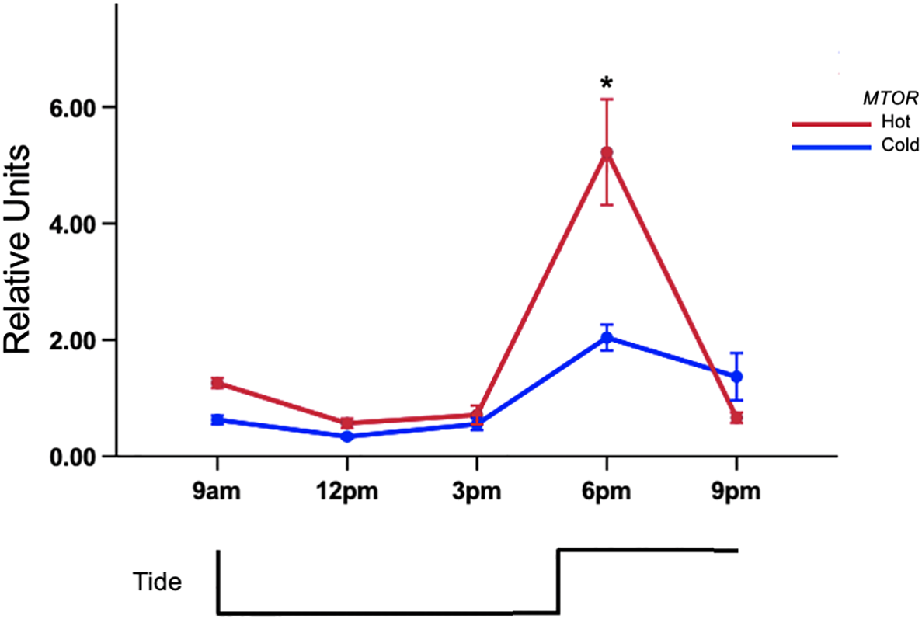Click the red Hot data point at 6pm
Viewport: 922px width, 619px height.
point(607,153)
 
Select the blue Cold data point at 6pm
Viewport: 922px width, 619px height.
point(607,338)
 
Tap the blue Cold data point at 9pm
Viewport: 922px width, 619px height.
point(736,376)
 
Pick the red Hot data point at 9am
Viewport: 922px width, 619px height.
point(217,383)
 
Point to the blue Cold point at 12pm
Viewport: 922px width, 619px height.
point(346,436)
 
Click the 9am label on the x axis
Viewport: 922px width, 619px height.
point(217,492)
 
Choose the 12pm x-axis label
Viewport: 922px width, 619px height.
point(346,492)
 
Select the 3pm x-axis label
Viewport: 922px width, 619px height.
point(476,492)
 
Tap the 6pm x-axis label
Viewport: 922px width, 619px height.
point(607,492)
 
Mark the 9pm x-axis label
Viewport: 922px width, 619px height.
point(736,492)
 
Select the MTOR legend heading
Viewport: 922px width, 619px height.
point(890,99)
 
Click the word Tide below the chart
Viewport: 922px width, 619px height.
point(156,582)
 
